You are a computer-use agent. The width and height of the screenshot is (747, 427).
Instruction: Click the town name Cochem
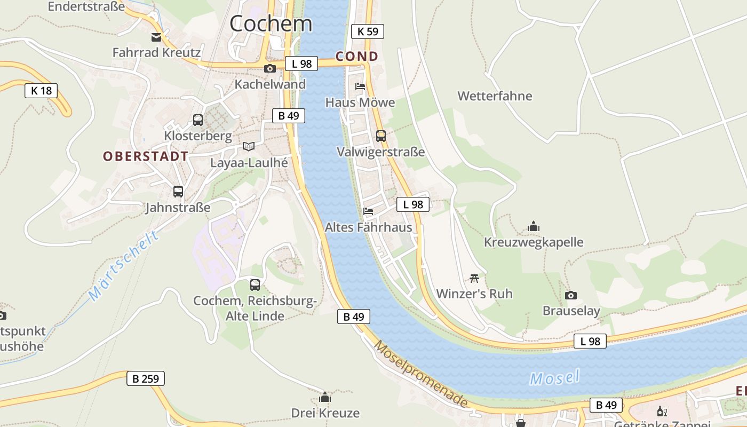point(271,23)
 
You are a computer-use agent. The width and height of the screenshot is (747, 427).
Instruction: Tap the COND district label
point(357,57)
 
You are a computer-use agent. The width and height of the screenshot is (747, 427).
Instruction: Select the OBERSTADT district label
point(146,156)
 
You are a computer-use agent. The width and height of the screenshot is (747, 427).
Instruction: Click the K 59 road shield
point(368,31)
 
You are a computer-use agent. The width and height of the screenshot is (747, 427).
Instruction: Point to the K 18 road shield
point(41,90)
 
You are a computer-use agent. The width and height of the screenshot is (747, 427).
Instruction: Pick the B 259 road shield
point(146,379)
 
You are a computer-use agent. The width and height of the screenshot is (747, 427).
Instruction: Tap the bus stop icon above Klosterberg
point(198,120)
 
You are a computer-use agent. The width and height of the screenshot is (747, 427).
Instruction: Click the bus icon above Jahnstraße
point(178,192)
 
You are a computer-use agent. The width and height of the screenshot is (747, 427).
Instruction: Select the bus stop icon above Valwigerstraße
point(381,136)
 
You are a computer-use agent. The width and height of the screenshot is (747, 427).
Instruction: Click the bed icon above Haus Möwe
point(360,86)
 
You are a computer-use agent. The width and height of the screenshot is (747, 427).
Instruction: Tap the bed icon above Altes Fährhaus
point(368,211)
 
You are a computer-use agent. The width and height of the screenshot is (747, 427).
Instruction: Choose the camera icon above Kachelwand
point(270,68)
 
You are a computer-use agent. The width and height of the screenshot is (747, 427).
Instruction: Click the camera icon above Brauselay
point(571,295)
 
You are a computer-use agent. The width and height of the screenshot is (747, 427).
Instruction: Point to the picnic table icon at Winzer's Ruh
point(474,278)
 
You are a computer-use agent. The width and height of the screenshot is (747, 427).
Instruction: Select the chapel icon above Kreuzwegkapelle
point(534,227)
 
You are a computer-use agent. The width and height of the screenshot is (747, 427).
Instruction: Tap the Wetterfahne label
point(495,96)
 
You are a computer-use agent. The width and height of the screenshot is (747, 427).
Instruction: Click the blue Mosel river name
point(555,378)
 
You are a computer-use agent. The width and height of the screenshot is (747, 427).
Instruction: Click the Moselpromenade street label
point(421,374)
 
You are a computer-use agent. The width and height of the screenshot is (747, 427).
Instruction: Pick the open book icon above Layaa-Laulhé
point(249,146)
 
